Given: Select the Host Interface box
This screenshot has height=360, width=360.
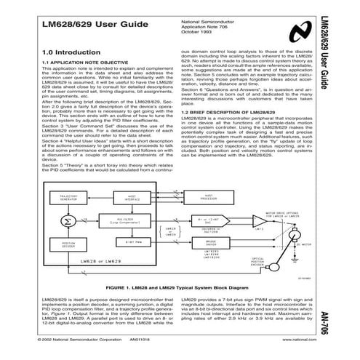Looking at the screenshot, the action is (151, 197).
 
